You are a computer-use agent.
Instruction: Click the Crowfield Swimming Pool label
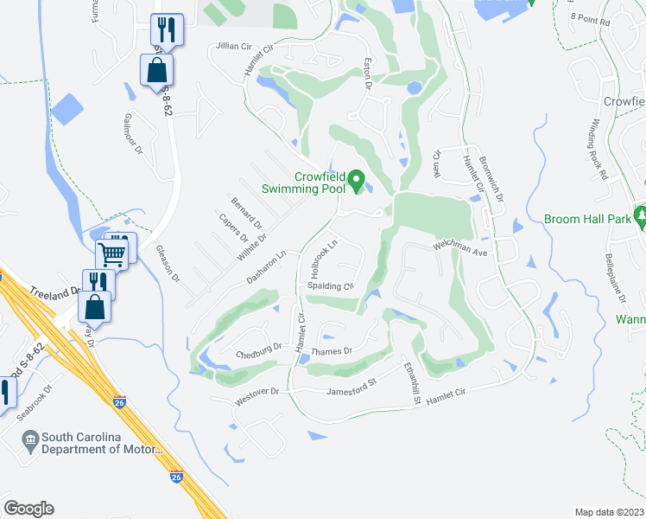[320, 183]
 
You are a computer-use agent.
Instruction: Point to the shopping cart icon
[112, 253]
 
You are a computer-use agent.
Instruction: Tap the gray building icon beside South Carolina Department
[31, 443]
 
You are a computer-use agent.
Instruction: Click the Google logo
[28, 509]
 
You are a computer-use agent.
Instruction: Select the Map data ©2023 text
[609, 512]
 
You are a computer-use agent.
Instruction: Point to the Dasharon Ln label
[265, 268]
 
